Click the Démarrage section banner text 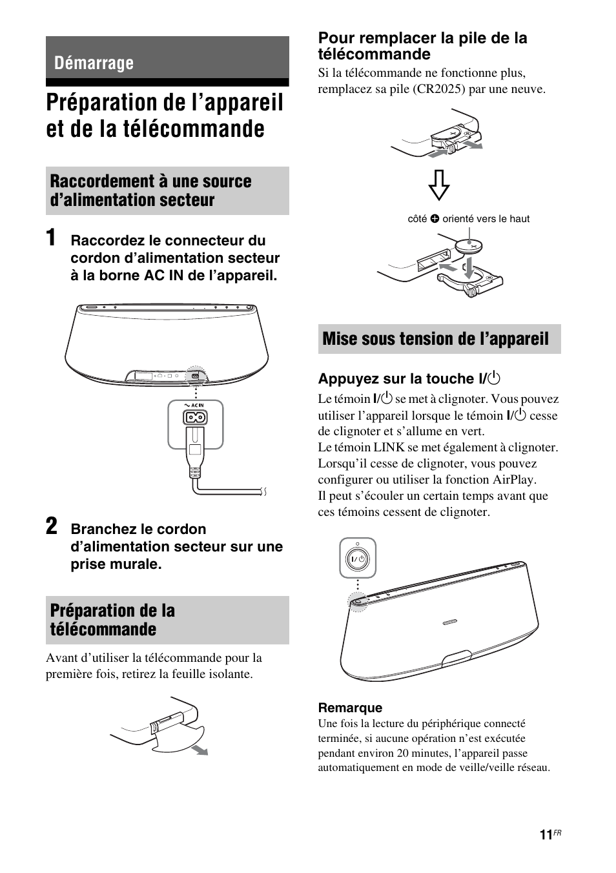(94, 63)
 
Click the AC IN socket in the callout (196, 418)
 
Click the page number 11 (546, 835)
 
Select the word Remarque (350, 708)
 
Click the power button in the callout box (358, 559)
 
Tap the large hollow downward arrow (438, 184)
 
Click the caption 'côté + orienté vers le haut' (468, 219)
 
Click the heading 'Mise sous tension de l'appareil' (435, 339)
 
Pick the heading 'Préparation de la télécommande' (113, 620)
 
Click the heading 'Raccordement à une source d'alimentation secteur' (150, 190)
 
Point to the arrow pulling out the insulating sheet (201, 749)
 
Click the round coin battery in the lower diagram (472, 246)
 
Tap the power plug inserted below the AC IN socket (196, 452)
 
